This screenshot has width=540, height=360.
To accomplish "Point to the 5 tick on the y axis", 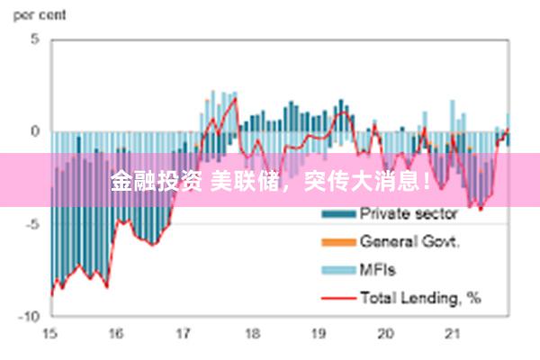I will point(35,40).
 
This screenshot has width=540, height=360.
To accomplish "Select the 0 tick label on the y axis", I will point(35,131).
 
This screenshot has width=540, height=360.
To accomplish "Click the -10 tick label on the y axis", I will point(30,317).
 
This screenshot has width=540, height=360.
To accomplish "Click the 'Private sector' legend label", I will point(409,214).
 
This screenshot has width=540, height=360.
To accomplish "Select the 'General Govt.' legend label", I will point(410,241).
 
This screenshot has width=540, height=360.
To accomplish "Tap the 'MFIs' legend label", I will point(377,269).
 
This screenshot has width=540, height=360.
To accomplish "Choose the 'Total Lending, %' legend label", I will point(420,296).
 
